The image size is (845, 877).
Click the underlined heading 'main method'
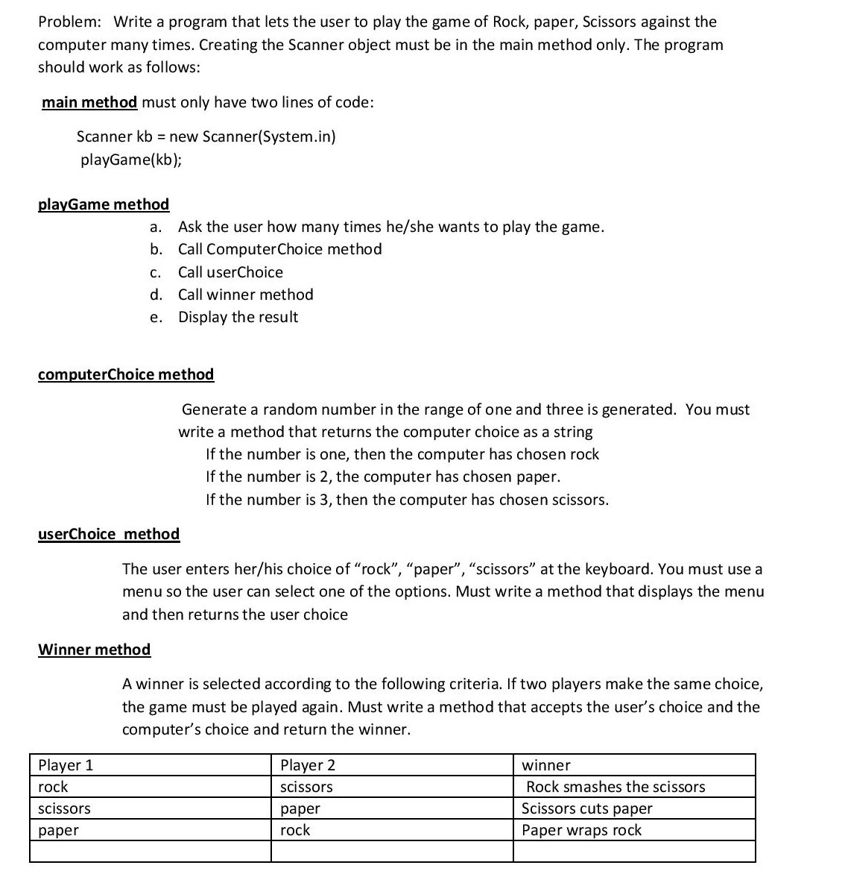[x=89, y=102]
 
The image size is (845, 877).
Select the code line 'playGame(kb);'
[x=130, y=160]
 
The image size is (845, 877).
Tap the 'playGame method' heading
[x=104, y=204]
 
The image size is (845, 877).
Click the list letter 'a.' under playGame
[x=156, y=227]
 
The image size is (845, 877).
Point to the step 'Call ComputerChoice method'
[x=279, y=249]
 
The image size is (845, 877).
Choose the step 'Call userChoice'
[x=230, y=272]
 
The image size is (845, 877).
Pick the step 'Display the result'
[x=238, y=317]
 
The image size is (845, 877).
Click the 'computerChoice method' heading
[x=126, y=374]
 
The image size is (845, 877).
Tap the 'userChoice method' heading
[x=109, y=534]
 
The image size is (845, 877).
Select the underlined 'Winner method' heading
[x=94, y=650]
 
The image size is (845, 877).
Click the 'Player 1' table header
[x=66, y=765]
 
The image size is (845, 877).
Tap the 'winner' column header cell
[x=546, y=765]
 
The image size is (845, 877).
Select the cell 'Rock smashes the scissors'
[x=615, y=787]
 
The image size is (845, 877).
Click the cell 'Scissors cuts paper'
[x=587, y=808]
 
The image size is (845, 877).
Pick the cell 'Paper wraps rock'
[x=581, y=830]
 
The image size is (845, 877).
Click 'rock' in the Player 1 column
[x=53, y=787]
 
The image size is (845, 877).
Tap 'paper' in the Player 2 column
[x=300, y=808]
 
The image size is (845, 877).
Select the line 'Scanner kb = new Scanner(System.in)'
[x=206, y=137]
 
